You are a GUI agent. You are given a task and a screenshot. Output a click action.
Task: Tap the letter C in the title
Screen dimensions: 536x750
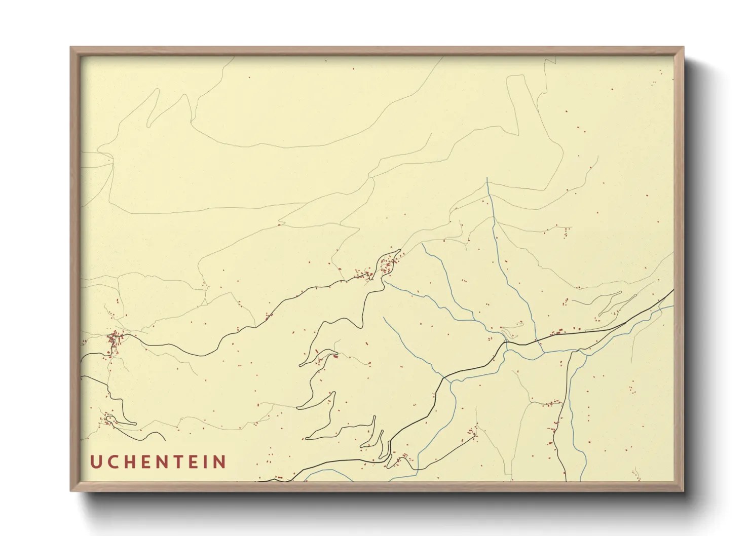pos(113,462)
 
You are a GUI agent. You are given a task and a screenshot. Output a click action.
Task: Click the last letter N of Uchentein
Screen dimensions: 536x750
pos(219,462)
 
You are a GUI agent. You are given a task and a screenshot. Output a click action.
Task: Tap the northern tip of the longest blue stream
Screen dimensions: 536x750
pos(487,178)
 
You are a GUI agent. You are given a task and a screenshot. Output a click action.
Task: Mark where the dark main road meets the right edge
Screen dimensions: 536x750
pos(673,290)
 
